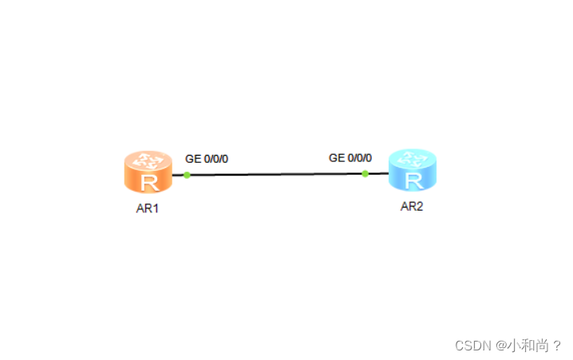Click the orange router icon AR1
pos(148,172)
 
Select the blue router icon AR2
pos(413,170)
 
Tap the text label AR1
pos(148,210)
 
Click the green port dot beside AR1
pos(187,175)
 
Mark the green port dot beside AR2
pos(365,173)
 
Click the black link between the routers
pos(275,174)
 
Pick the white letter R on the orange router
pos(148,183)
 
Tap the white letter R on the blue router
pos(413,180)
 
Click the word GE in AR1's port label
pos(192,159)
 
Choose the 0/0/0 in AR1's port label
pos(215,159)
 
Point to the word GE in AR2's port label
pos(337,158)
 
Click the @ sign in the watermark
pos(500,346)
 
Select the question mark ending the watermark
pos(557,346)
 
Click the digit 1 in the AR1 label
pos(157,210)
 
